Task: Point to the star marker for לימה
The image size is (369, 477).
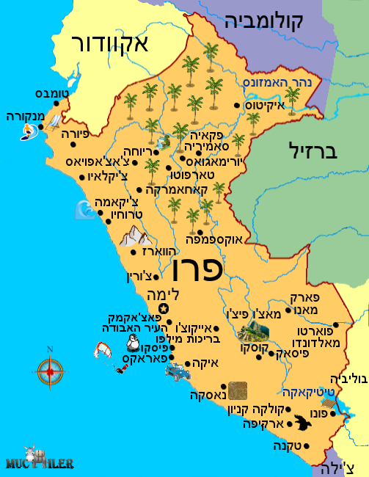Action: pos(164,308)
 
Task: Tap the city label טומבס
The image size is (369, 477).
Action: pos(51,94)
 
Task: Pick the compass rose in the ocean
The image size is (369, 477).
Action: pos(49,371)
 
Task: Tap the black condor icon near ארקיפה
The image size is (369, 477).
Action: pos(301,422)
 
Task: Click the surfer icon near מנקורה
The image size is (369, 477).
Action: pos(28,131)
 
